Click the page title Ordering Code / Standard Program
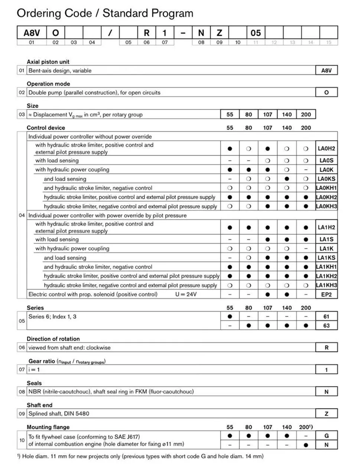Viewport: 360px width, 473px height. pos(105,13)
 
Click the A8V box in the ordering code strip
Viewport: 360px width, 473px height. pos(32,33)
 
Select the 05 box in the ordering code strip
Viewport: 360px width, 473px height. pos(256,33)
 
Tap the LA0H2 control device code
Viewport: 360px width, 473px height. pos(326,148)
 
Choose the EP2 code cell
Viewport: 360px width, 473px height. pos(326,295)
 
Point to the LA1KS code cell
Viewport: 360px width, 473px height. pos(326,258)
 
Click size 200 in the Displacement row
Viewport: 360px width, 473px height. pos(306,115)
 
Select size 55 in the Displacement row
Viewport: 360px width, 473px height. pos(230,115)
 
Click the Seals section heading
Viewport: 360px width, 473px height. pos(34,383)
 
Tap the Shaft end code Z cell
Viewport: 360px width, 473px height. pos(326,414)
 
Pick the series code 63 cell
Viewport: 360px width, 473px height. pos(326,325)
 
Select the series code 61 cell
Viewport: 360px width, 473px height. pos(326,316)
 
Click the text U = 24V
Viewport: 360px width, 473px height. pos(186,295)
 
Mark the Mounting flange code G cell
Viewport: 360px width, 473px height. pos(326,436)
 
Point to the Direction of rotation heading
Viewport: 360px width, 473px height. pos(53,339)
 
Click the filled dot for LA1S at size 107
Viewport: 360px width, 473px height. pos(267,239)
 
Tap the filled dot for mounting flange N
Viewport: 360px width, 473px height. pos(306,445)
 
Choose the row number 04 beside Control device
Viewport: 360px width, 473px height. pos(22,215)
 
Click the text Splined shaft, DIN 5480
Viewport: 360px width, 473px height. pos(59,414)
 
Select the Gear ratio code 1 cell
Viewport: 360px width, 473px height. pos(326,370)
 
